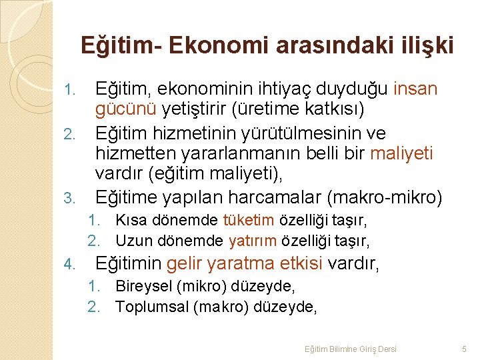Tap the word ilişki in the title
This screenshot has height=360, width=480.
[427, 45]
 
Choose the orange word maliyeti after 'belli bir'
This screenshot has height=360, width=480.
[401, 154]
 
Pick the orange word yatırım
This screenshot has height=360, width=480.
[251, 240]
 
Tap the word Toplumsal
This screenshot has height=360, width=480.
[151, 307]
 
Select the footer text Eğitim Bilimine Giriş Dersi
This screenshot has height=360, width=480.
[350, 349]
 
